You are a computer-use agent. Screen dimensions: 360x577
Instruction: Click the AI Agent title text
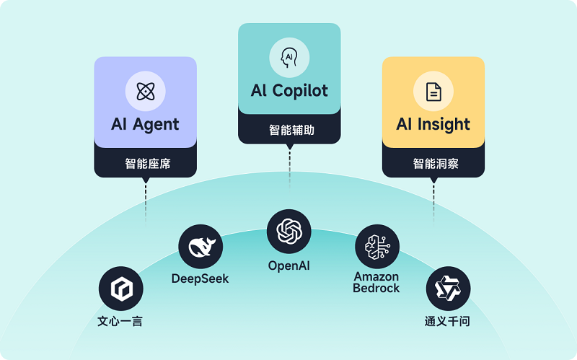coord(145,123)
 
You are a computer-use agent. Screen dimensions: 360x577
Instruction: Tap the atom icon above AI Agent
coord(145,91)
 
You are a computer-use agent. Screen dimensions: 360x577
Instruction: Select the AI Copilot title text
coord(289,90)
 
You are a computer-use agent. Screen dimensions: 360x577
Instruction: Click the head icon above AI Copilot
coord(289,56)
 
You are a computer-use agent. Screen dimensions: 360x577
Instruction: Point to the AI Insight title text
coord(433,124)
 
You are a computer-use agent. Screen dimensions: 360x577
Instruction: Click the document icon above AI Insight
coord(433,91)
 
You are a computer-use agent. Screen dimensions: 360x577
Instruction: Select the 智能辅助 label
coord(289,131)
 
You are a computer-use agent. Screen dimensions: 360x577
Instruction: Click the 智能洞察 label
coord(433,164)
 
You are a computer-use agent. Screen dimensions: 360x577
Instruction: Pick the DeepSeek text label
coord(201,278)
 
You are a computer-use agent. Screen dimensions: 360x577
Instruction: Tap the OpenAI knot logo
coord(289,232)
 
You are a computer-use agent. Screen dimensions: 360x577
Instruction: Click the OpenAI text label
coord(289,265)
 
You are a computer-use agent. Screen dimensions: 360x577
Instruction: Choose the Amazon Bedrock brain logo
coord(376,246)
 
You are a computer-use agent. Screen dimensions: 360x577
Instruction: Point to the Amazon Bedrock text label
coord(376,283)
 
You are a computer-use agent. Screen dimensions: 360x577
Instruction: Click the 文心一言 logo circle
coord(120,289)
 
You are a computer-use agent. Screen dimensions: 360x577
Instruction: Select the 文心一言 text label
coord(120,321)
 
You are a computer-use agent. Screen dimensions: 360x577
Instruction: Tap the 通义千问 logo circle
coord(447,289)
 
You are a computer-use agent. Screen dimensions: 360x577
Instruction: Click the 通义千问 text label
coord(447,321)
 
